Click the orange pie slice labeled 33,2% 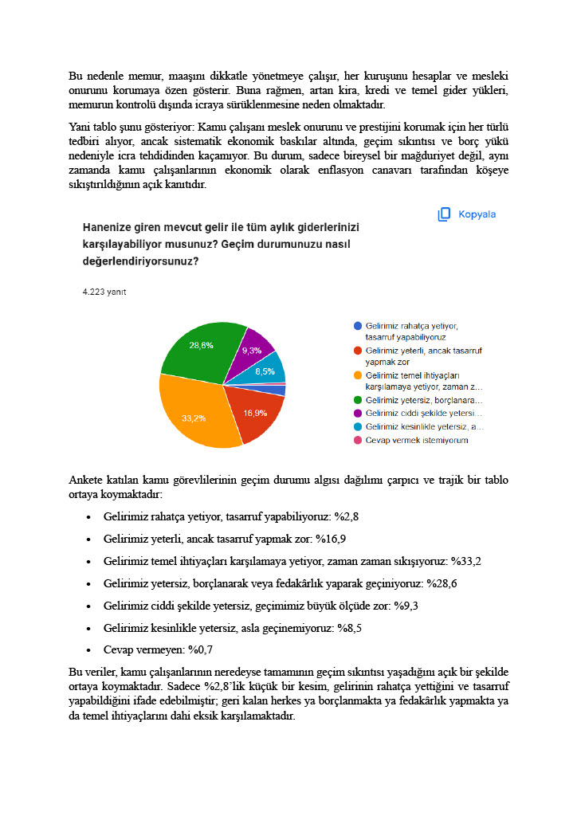point(199,410)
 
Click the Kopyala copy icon point(445,214)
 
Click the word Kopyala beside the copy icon point(477,214)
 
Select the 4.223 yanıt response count point(104,292)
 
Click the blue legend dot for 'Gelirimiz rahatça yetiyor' point(358,326)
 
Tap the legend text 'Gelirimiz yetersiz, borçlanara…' point(423,400)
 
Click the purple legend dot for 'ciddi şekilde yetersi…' point(358,414)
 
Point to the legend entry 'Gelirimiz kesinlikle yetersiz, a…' point(424,427)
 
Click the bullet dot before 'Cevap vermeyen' point(88,650)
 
